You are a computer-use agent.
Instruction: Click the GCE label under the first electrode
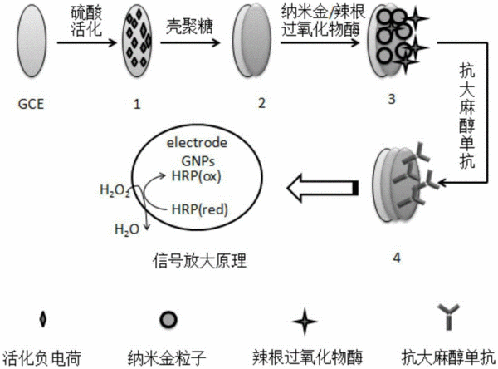[x=31, y=105]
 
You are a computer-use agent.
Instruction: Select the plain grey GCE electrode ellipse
[x=32, y=41]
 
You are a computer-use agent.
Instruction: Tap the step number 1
[x=137, y=105]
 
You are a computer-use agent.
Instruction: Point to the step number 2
[x=261, y=103]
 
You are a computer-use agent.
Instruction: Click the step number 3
[x=392, y=99]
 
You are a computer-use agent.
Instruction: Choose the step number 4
[x=397, y=258]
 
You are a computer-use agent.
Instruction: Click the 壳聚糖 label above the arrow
[x=189, y=27]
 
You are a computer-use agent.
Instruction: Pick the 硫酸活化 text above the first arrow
[x=86, y=21]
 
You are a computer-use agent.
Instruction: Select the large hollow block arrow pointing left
[x=323, y=188]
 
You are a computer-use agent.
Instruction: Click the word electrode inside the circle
[x=197, y=143]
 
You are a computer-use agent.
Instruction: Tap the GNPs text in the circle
[x=198, y=161]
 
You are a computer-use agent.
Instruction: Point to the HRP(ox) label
[x=196, y=176]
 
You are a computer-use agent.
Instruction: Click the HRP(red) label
[x=200, y=209]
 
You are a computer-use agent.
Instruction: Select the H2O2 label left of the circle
[x=115, y=191]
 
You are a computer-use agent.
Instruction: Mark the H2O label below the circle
[x=127, y=229]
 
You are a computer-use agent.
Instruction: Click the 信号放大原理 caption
[x=199, y=261]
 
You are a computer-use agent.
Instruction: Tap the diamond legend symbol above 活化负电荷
[x=42, y=319]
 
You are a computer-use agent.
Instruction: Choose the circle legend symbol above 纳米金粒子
[x=168, y=320]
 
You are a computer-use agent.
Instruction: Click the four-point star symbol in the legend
[x=305, y=322]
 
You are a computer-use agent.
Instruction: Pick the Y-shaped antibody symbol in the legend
[x=448, y=317]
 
